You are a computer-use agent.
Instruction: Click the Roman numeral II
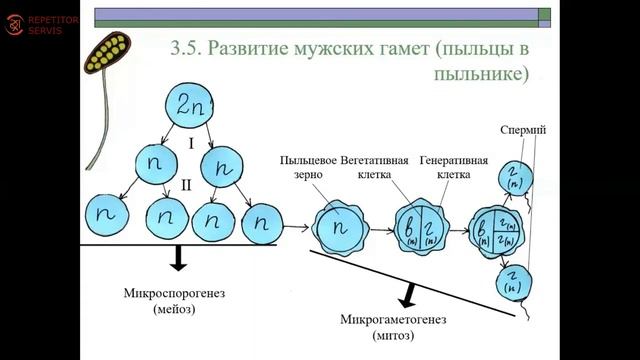[x=187, y=185]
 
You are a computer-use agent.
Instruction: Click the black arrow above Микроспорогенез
[x=178, y=257]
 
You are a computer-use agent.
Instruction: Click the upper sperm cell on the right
[x=516, y=177]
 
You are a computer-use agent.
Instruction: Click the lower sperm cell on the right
[x=513, y=282]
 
